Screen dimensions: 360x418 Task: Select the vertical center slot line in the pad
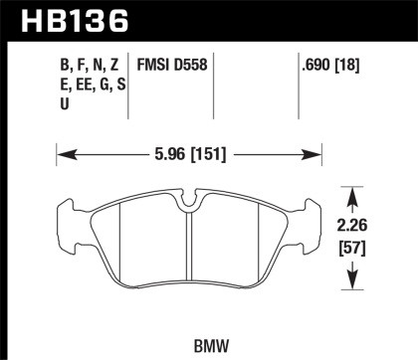(188, 248)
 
